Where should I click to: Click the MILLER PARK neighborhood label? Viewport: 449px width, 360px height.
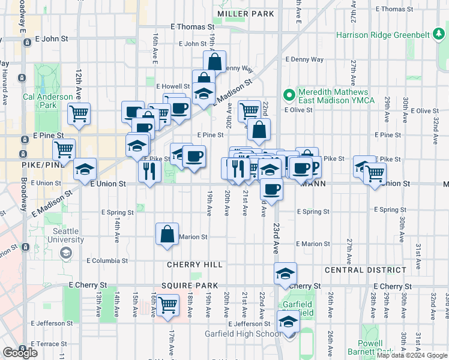(246, 13)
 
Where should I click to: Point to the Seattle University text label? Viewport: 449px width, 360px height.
(65, 235)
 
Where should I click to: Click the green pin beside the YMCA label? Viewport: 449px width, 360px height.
(289, 95)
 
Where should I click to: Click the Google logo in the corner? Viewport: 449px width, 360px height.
(20, 353)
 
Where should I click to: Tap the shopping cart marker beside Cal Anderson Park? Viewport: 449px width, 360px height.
(79, 113)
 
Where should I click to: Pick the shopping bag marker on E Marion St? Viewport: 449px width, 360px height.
(167, 233)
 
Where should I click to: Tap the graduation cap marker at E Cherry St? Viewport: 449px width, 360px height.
(285, 274)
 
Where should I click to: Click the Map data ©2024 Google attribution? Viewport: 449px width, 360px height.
(412, 356)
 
